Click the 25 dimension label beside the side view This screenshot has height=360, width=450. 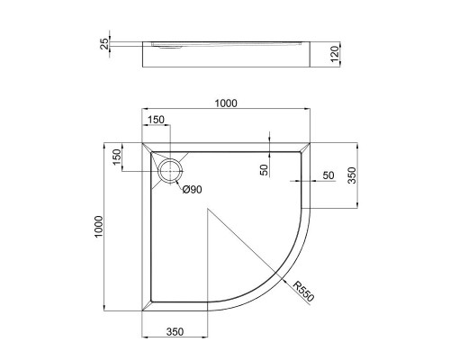105,43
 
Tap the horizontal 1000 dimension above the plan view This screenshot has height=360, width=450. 225,103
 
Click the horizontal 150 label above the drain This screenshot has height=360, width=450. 157,120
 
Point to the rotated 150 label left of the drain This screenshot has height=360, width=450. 116,157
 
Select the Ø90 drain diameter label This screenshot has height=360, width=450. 191,189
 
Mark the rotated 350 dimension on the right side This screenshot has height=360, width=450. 352,173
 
